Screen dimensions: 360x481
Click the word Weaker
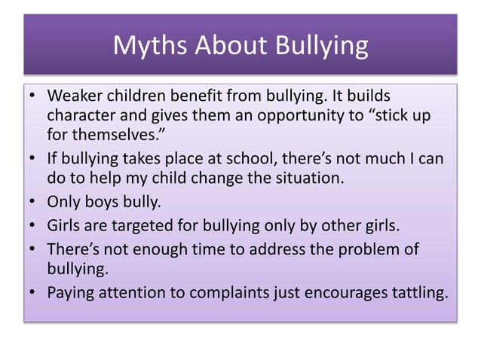click(74, 97)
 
